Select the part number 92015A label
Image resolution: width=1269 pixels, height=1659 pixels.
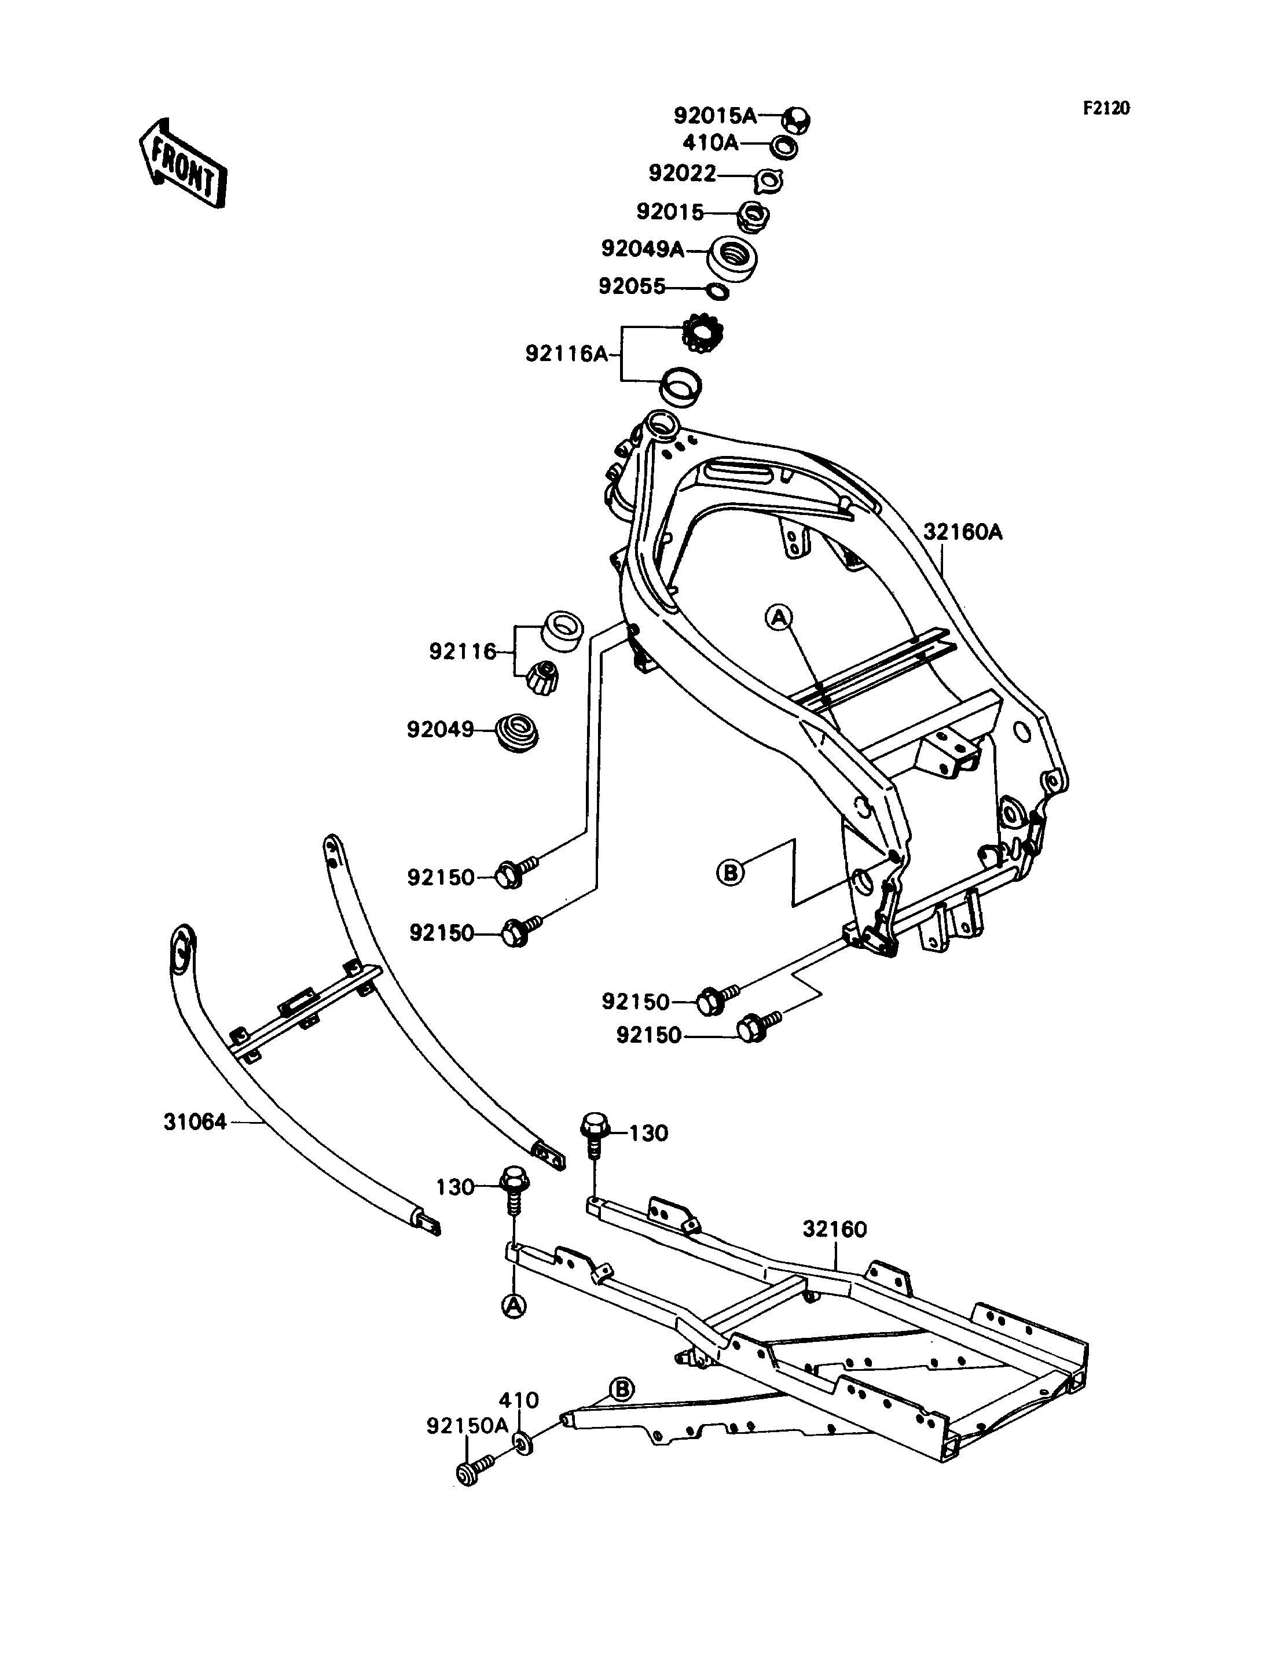(x=714, y=116)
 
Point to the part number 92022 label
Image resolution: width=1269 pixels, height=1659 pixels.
(x=682, y=174)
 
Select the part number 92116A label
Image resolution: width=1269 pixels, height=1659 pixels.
(x=567, y=354)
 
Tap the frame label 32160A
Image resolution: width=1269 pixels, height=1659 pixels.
(x=962, y=532)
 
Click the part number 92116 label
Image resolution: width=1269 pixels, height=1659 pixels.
(x=463, y=651)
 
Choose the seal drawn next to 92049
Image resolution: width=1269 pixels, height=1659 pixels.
(x=516, y=730)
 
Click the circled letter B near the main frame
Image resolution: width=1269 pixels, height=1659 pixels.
(x=729, y=873)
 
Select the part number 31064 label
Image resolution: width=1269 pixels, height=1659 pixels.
(x=195, y=1143)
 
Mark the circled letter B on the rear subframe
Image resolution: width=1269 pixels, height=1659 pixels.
(x=622, y=1388)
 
